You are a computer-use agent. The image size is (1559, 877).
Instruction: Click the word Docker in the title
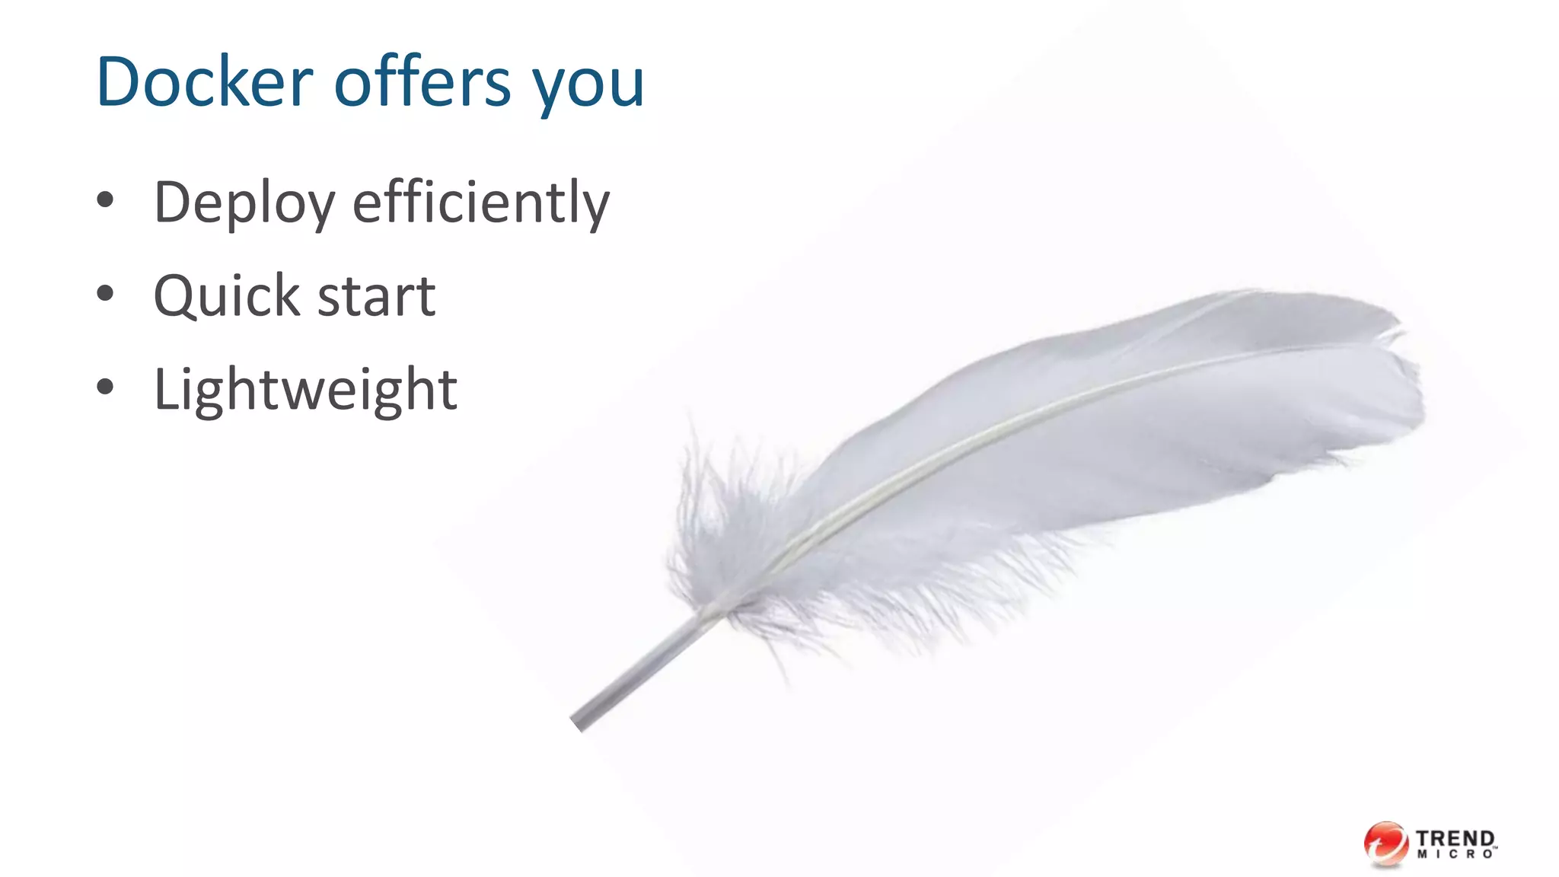204,81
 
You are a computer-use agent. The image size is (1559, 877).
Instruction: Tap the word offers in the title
422,81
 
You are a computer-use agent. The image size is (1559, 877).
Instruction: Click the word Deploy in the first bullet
244,203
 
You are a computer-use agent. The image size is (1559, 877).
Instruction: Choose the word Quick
227,296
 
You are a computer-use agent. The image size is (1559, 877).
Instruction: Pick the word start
376,297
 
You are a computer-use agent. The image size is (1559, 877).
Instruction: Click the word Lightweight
305,390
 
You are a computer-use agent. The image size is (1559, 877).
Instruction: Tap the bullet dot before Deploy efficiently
105,200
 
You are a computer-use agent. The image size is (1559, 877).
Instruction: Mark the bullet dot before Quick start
105,294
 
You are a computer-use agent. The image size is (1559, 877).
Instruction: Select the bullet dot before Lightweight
105,387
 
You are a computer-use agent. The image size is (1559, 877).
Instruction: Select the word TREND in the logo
1455,838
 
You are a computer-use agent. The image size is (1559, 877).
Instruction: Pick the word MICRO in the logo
1455,855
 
